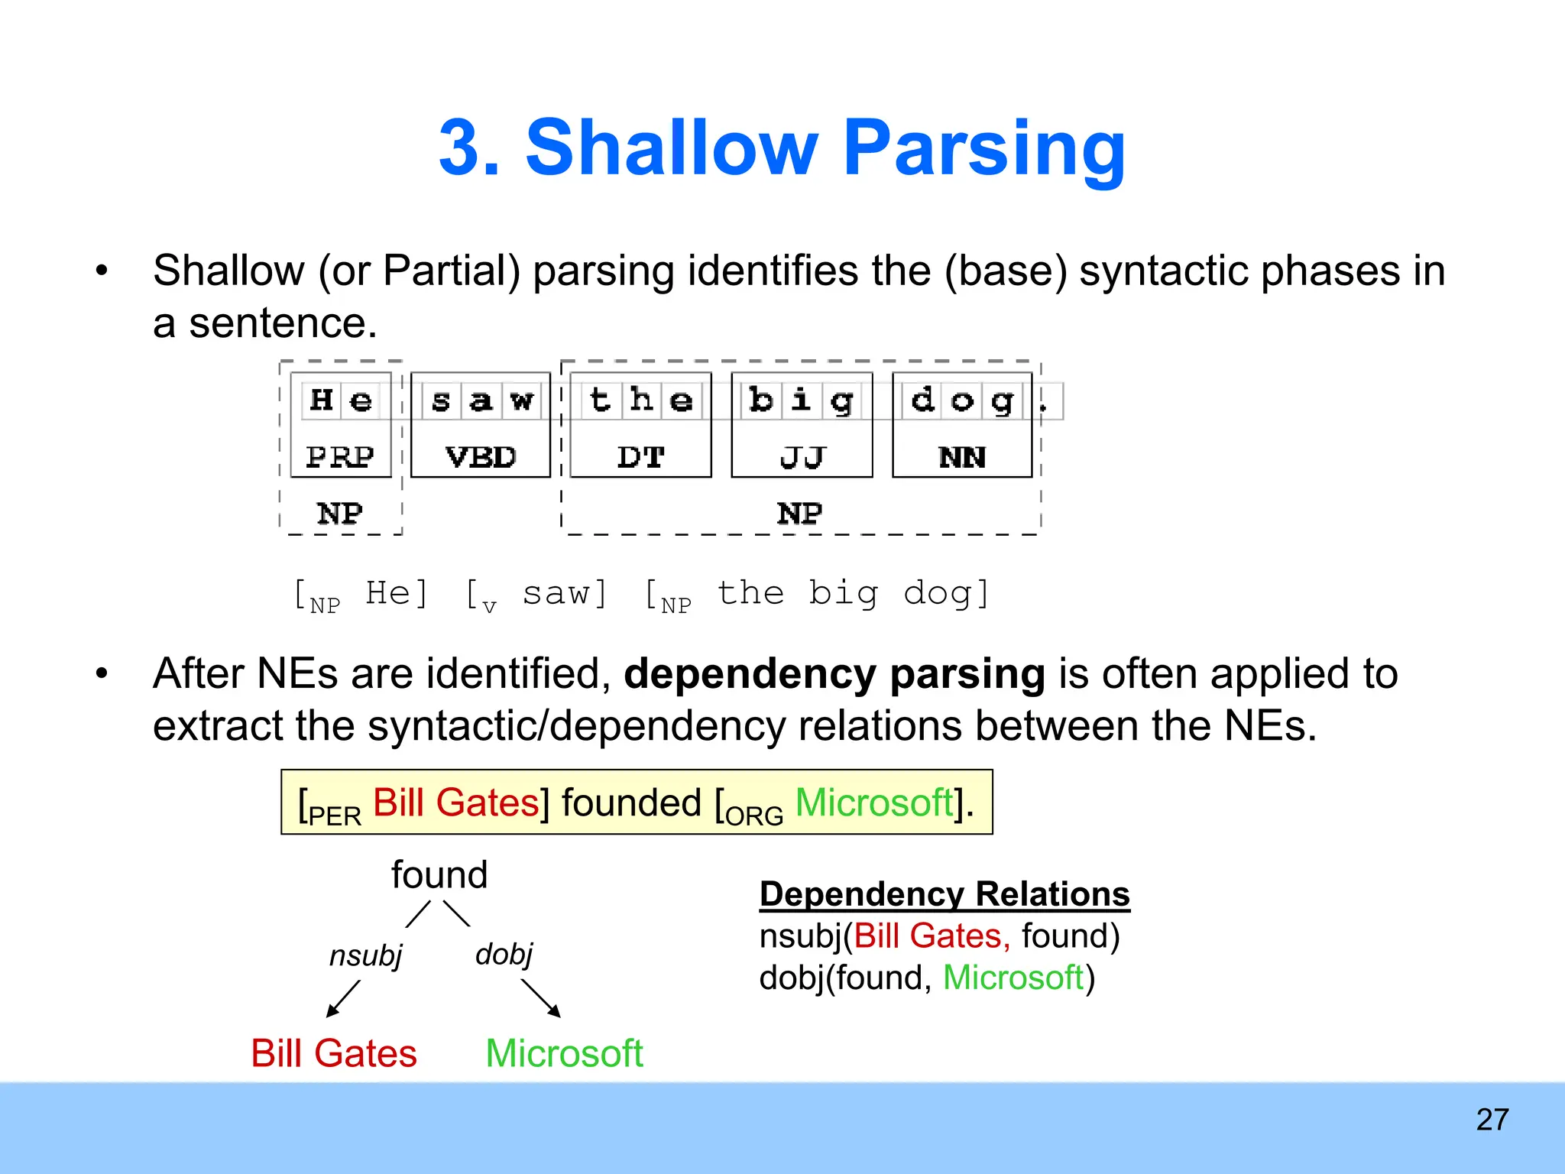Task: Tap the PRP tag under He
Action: [340, 457]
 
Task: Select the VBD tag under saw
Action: [481, 457]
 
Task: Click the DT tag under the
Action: [640, 457]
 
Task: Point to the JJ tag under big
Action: [802, 457]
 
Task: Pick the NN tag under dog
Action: [962, 457]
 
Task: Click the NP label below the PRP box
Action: [340, 513]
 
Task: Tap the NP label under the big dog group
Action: [800, 513]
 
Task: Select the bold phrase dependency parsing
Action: [834, 674]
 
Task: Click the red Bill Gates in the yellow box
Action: [456, 803]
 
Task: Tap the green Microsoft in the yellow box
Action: [874, 803]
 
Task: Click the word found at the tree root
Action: [439, 874]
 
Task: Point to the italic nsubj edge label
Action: [365, 955]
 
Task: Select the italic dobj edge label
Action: [504, 954]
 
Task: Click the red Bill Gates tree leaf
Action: [334, 1053]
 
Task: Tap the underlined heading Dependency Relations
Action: [945, 893]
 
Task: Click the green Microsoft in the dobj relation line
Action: [1013, 978]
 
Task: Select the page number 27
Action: [1492, 1120]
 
